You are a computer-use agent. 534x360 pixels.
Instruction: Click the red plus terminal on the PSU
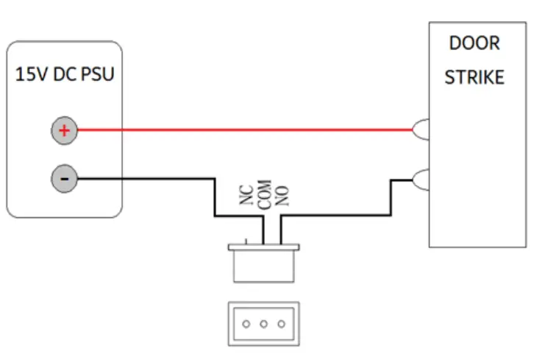click(64, 131)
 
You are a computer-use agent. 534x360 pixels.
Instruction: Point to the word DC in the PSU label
click(65, 75)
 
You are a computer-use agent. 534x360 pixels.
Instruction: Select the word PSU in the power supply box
click(98, 75)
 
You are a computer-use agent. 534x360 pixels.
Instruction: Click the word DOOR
click(474, 43)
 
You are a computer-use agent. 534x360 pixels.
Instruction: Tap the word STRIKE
click(474, 77)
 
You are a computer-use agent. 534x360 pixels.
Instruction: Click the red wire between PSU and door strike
click(243, 131)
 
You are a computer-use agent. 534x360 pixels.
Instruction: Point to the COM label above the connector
click(266, 192)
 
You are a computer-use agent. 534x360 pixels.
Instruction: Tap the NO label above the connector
click(282, 194)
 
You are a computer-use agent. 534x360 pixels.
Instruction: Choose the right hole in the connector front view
click(280, 323)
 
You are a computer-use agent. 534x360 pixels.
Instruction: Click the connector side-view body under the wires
click(264, 265)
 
